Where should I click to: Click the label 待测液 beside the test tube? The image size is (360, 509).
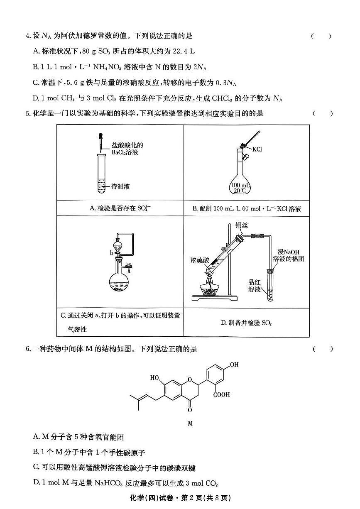[x=121, y=186]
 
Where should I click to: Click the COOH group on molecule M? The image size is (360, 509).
[x=221, y=394]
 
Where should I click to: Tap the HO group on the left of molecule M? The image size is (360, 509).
[x=154, y=378]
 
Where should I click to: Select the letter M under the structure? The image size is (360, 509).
[x=190, y=423]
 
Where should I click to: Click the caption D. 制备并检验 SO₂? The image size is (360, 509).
[x=246, y=323]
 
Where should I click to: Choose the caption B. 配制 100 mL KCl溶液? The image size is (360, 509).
[x=247, y=209]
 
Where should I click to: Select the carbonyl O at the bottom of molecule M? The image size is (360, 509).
[x=190, y=410]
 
